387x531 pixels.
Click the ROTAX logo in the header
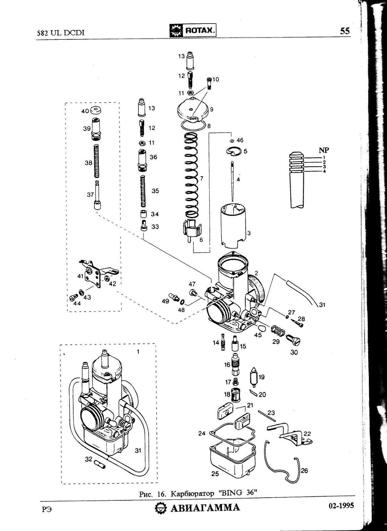click(193, 31)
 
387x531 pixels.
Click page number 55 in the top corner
click(345, 31)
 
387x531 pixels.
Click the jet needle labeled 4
click(233, 181)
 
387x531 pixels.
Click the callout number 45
click(258, 335)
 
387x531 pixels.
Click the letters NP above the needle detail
click(324, 150)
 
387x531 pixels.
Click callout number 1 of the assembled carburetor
click(138, 352)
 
